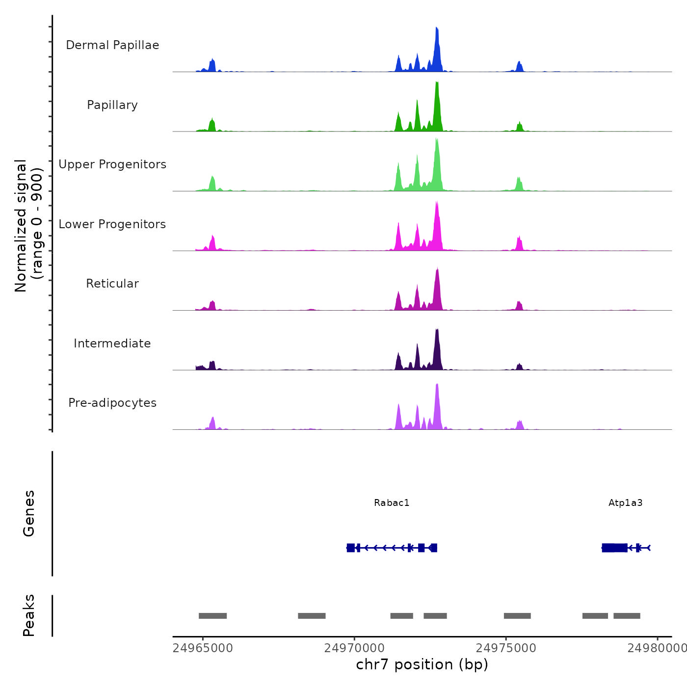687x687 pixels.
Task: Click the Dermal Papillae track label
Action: (112, 45)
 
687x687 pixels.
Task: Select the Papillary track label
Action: (112, 105)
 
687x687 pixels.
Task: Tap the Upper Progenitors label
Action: (112, 164)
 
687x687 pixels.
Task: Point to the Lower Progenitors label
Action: (112, 224)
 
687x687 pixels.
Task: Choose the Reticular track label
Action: (112, 284)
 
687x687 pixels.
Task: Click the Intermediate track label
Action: (112, 343)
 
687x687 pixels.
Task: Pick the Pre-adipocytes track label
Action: (112, 403)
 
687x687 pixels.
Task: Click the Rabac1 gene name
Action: (392, 503)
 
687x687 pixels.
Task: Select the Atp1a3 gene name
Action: (625, 503)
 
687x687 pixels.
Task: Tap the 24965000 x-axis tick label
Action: (203, 648)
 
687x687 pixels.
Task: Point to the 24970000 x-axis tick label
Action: (354, 648)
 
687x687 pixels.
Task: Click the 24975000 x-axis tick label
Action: (506, 648)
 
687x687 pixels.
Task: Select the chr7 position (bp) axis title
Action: (422, 664)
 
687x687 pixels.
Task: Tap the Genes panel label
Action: (29, 513)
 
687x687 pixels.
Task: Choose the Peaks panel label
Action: (29, 615)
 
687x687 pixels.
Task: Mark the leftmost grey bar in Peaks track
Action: (212, 616)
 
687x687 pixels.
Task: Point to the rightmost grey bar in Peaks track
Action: (627, 616)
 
